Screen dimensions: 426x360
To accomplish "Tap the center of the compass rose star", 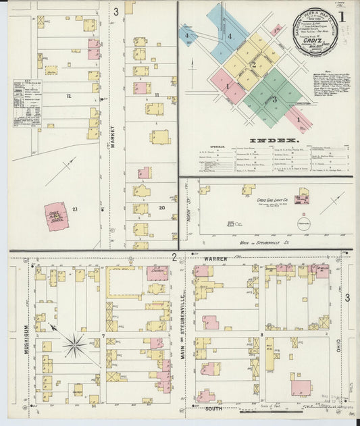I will click(x=74, y=346).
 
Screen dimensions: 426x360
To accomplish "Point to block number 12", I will click(x=68, y=96).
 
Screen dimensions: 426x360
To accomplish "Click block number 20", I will click(x=161, y=207).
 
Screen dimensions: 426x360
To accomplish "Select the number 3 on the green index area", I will click(x=274, y=100).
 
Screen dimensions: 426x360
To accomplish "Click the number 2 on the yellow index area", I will click(x=253, y=65).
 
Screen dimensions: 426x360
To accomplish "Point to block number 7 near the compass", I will click(x=103, y=336).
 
